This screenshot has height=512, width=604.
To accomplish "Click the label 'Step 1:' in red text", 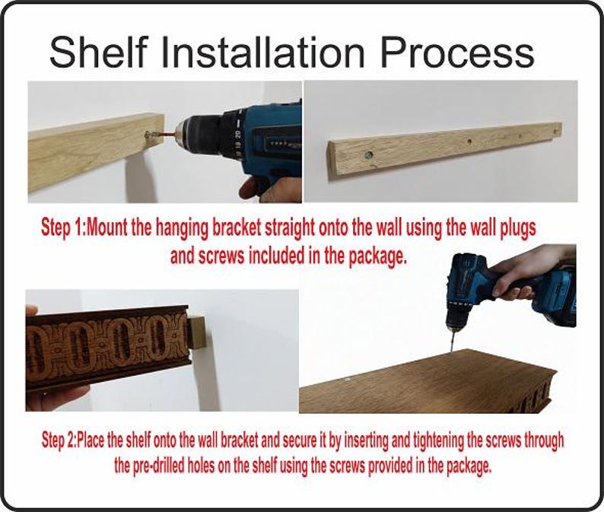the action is tap(65, 229).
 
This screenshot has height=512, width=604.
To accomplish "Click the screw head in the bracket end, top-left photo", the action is tap(148, 134).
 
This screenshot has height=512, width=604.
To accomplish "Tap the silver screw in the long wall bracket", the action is tap(369, 155).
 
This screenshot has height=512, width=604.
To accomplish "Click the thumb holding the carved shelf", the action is tap(32, 310).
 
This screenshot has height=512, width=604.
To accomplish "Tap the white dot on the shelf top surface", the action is tap(348, 380).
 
